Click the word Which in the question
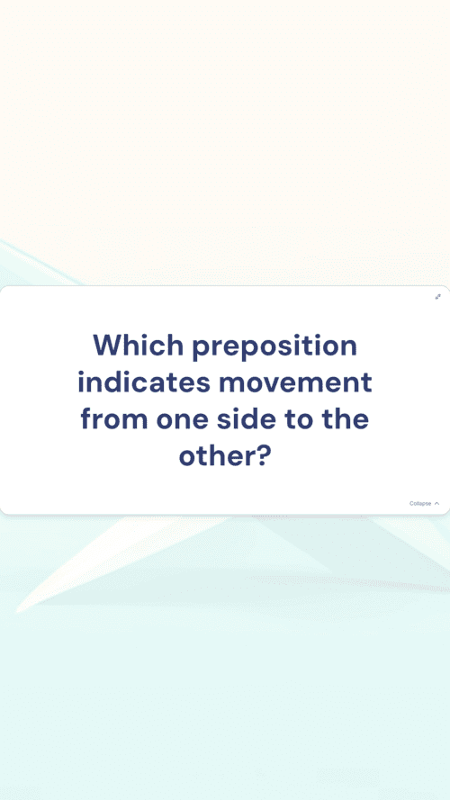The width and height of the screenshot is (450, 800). point(139,345)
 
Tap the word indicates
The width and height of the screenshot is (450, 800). point(143,382)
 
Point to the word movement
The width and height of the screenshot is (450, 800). point(295,382)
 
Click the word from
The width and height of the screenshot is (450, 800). point(114,418)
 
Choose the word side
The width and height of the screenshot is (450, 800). point(242,418)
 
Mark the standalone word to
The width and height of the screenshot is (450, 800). point(294,419)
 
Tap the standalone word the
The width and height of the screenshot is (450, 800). point(345,418)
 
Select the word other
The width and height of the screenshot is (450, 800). point(215,455)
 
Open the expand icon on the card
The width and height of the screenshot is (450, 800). point(437,297)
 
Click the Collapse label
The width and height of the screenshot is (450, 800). point(420,504)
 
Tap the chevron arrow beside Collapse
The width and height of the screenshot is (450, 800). point(436,504)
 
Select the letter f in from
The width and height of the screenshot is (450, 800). point(86,418)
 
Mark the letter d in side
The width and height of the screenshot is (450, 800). point(241,418)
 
